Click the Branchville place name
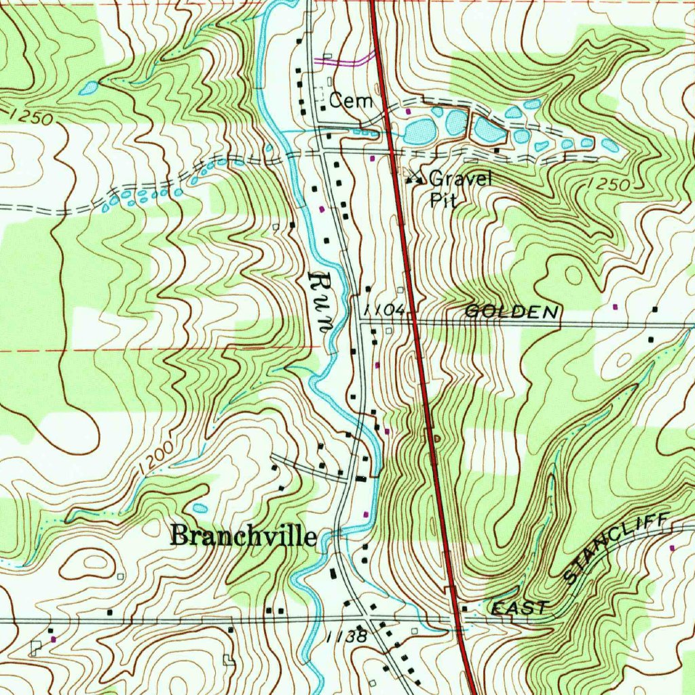(x=243, y=536)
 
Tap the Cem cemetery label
(x=351, y=101)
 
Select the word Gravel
(x=459, y=179)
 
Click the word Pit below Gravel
(x=443, y=200)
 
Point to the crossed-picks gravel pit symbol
(x=413, y=179)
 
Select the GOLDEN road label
(x=512, y=312)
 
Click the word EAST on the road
(x=519, y=608)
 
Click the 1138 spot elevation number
(x=346, y=637)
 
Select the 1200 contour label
(x=153, y=459)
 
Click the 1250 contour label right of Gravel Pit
(x=608, y=183)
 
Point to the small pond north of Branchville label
(x=200, y=508)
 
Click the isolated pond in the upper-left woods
(x=88, y=88)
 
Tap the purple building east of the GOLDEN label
(x=616, y=307)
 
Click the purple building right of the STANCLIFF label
(x=672, y=547)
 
